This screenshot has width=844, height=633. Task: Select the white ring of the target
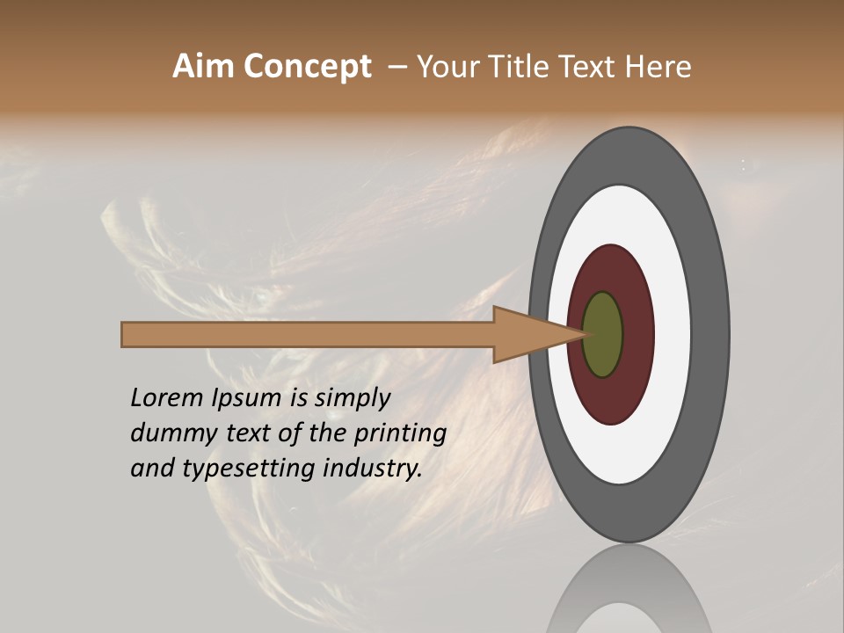pos(673,334)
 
